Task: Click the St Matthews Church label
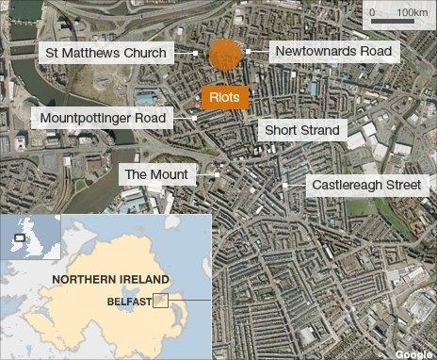[x=105, y=53]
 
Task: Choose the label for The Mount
[x=156, y=174]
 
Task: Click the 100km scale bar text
[x=411, y=12]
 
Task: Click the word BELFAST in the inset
[x=130, y=303]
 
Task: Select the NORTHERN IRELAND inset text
[x=110, y=280]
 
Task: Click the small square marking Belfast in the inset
[x=161, y=302]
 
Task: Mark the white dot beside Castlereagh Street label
[x=283, y=186]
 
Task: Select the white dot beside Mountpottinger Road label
[x=195, y=118]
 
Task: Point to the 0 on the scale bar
[x=373, y=12]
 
